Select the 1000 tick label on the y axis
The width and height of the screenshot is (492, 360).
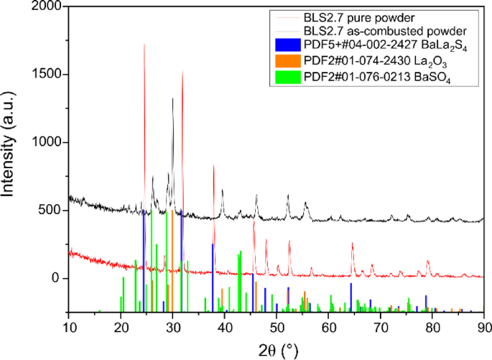point(48,143)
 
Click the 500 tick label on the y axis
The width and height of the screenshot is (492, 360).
point(52,211)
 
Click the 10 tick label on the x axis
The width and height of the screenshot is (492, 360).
point(68,324)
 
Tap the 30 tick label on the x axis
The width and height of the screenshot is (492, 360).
point(172,324)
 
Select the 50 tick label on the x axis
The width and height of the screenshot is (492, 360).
point(277,324)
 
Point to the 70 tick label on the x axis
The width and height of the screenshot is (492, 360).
point(381,324)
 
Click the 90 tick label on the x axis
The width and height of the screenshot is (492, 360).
point(484,324)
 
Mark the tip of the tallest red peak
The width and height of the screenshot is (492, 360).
point(144,45)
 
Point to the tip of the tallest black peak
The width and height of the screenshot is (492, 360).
point(172,98)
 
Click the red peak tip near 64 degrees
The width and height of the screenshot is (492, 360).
point(352,243)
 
